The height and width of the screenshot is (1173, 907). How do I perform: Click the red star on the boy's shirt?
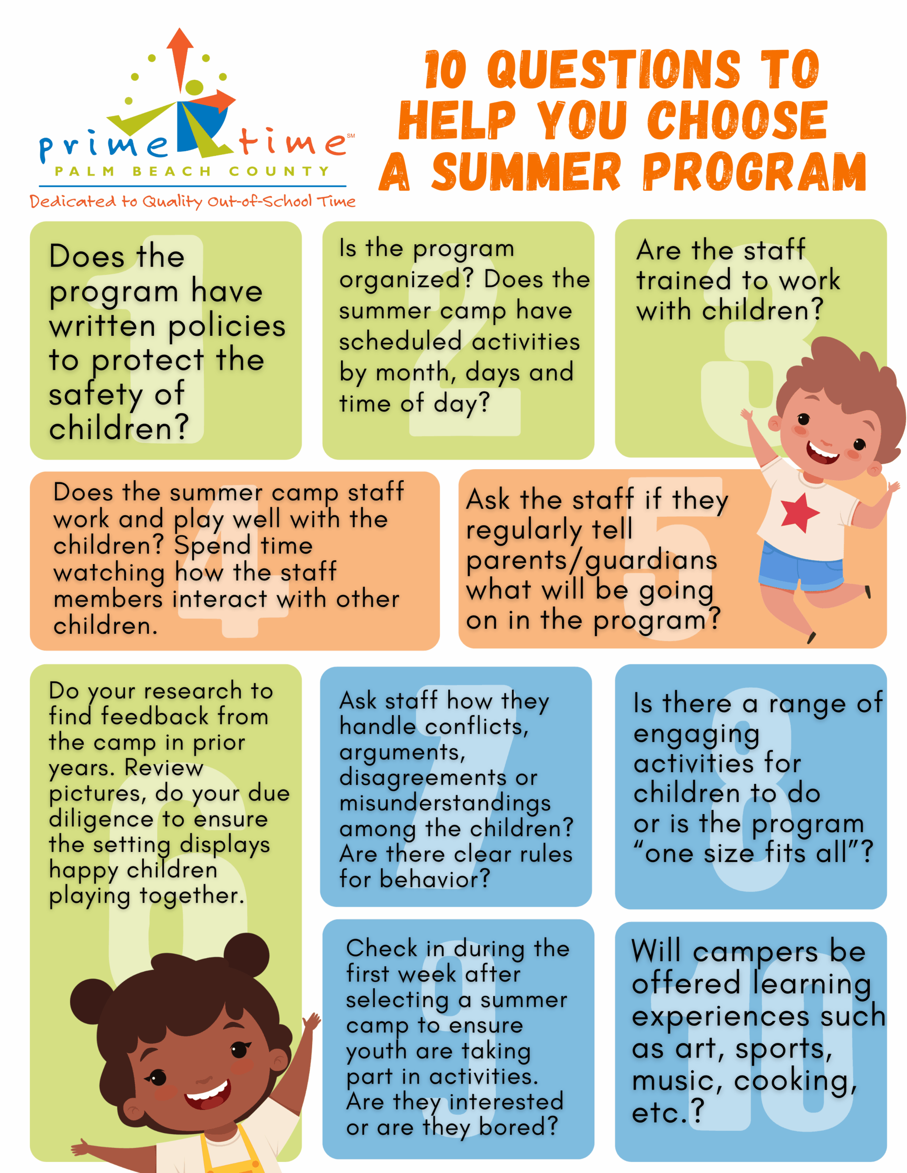pos(800,512)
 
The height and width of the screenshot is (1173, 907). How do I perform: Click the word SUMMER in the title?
pos(527,171)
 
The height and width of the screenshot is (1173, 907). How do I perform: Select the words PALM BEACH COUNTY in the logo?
pos(192,171)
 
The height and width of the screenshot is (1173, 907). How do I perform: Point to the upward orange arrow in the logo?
pos(180,59)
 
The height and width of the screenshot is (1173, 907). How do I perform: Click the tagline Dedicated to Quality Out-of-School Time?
pos(192,202)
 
